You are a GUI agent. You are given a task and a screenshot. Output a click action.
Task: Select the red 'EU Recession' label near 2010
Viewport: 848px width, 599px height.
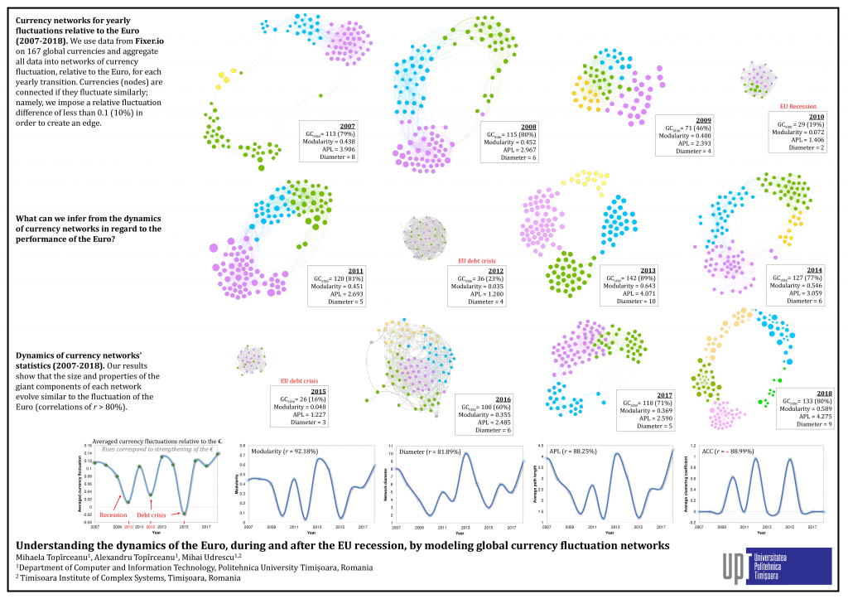pos(798,107)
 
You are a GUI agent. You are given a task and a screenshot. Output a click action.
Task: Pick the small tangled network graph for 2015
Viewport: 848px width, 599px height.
pos(250,360)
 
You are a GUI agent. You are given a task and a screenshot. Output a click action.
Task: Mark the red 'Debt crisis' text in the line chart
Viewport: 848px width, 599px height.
pos(152,514)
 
